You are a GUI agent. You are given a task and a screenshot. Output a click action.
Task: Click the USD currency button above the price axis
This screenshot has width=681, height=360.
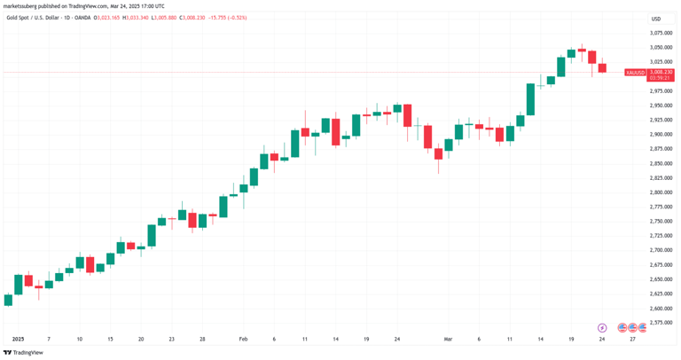(656, 19)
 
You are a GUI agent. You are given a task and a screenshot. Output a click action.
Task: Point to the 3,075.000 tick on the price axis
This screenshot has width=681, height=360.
(660, 32)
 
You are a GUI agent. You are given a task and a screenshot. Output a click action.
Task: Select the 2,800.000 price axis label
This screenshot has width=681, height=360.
(660, 192)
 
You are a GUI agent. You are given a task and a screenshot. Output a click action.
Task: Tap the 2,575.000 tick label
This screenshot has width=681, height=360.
(660, 323)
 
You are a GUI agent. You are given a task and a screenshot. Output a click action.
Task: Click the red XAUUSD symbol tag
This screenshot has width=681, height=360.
(635, 73)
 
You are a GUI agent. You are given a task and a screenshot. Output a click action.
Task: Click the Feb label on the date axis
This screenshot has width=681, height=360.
(244, 339)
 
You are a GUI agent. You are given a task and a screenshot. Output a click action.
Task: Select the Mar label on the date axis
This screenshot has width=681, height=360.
(449, 339)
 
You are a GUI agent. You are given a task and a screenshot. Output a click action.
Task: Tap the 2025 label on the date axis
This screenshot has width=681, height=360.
(19, 339)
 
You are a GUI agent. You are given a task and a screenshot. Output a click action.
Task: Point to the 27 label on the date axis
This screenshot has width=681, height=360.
(632, 339)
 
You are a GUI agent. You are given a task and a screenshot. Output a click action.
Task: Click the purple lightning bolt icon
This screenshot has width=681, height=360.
(602, 327)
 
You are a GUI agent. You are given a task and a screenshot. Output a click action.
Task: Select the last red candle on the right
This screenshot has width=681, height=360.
(602, 67)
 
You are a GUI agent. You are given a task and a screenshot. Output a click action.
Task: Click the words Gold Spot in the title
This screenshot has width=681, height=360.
(17, 18)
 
